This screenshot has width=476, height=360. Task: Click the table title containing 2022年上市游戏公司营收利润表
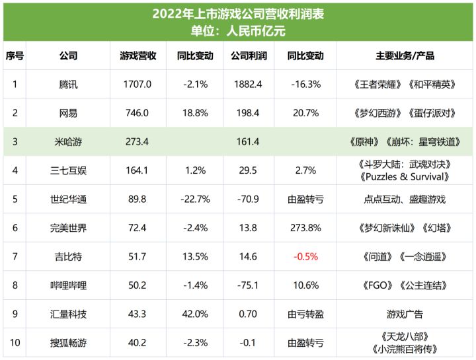238,13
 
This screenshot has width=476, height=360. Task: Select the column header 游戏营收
138,56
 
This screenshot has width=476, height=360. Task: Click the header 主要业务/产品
405,56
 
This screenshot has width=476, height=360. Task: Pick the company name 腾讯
68,84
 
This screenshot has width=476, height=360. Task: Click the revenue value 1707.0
138,84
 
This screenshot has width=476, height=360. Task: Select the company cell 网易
68,113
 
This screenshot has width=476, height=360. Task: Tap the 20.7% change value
305,113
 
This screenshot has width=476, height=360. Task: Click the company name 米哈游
68,141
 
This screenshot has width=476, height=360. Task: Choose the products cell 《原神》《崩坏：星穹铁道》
405,141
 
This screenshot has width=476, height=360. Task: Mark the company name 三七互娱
68,170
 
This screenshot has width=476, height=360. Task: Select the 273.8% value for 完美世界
305,228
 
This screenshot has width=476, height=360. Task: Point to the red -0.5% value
305,256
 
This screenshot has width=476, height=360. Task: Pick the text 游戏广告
405,314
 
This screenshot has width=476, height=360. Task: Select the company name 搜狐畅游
68,343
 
